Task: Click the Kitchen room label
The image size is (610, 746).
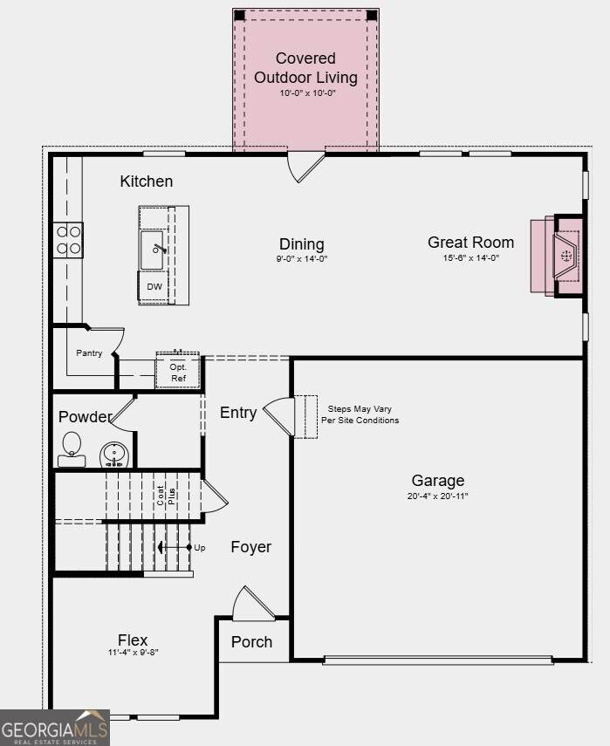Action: click(146, 181)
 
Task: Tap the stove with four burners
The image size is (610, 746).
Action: click(68, 240)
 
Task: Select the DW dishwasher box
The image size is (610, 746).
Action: click(154, 286)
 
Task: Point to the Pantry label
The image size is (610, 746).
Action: click(89, 353)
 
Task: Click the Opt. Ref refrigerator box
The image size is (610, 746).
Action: click(178, 371)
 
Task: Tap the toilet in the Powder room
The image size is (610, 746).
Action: click(72, 449)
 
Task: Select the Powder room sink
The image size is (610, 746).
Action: click(114, 455)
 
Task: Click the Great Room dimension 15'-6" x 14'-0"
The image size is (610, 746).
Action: click(471, 258)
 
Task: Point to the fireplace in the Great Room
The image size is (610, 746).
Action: click(557, 257)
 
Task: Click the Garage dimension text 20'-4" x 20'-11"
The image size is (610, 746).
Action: click(438, 496)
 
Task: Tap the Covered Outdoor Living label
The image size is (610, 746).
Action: click(305, 68)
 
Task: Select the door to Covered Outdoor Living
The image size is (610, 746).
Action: click(305, 167)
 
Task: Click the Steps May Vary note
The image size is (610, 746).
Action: click(360, 414)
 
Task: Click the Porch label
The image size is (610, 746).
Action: click(251, 642)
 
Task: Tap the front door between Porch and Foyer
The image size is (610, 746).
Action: click(254, 603)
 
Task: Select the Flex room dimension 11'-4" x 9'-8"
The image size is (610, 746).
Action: click(133, 653)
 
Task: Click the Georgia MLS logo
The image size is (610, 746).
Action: click(55, 728)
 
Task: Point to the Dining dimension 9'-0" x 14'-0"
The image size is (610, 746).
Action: click(302, 259)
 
